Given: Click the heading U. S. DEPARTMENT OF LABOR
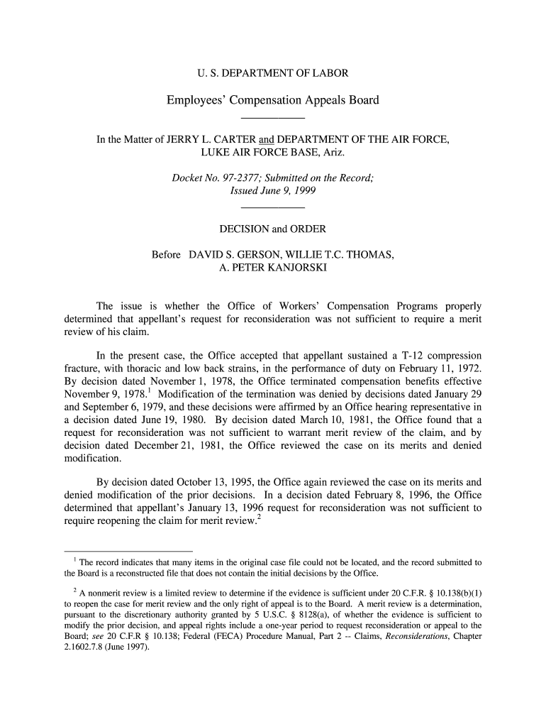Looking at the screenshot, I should [x=272, y=73].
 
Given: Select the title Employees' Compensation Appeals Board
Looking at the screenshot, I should [x=272, y=100].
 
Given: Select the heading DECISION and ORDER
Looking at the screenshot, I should [x=272, y=229].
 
